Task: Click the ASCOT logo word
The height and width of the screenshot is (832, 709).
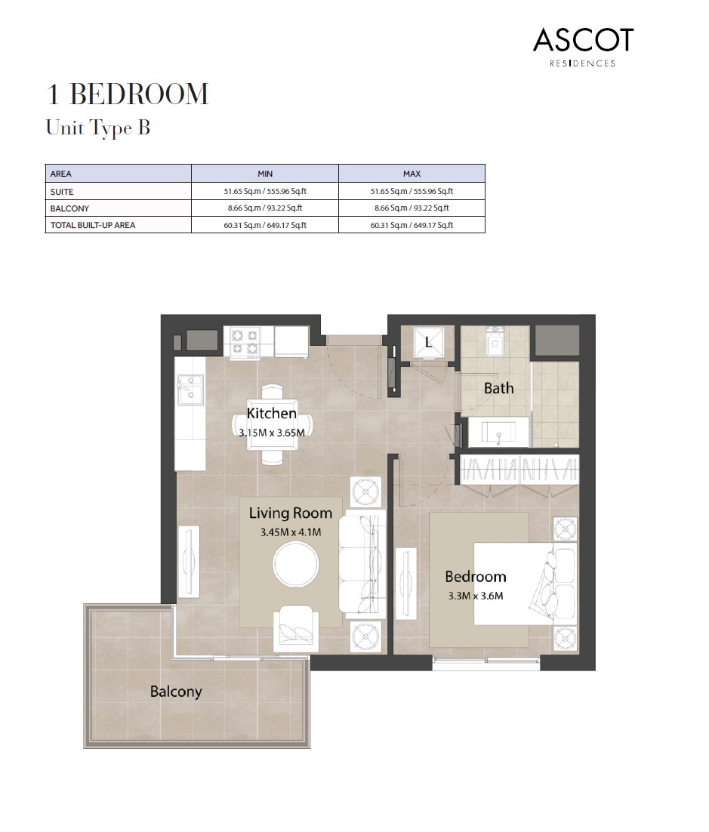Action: point(583,40)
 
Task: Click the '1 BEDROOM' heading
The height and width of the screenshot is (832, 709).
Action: point(127,95)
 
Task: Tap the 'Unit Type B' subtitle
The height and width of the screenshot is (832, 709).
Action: point(98,128)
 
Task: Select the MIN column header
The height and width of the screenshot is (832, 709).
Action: point(264,174)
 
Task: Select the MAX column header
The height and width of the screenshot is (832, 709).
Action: point(412,174)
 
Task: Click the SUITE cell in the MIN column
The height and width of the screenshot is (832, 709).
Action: point(264,192)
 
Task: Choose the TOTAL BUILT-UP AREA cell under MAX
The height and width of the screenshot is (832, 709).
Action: point(412,225)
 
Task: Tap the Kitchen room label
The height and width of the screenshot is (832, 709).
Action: point(271,413)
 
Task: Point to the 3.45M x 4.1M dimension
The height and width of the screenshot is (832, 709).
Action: point(291,532)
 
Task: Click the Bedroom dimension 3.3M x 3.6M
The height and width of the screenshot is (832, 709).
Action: point(475,595)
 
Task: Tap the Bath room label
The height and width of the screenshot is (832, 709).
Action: point(498,388)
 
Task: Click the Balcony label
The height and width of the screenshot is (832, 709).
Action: point(176,691)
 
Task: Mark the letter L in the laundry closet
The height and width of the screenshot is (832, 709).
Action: point(428,342)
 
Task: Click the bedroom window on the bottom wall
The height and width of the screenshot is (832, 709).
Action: point(486,663)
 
